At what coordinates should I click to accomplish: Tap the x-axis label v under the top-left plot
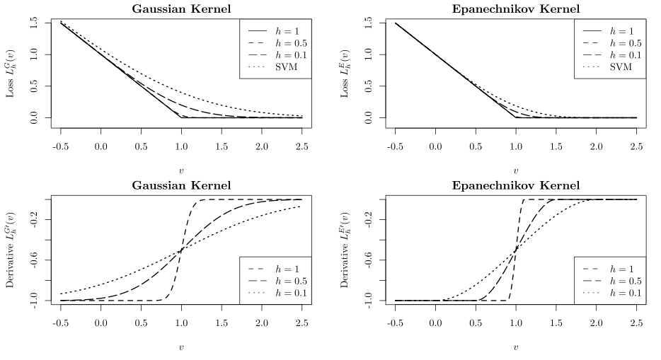[x=181, y=170]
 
